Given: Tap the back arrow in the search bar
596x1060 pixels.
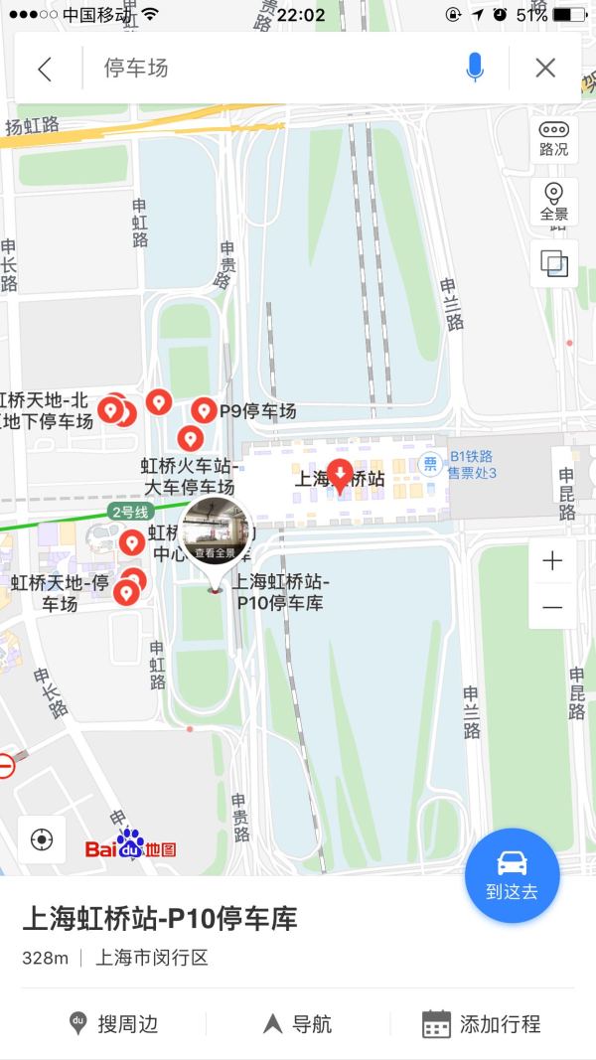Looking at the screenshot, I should click(44, 69).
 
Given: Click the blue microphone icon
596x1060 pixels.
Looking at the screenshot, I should click(475, 68).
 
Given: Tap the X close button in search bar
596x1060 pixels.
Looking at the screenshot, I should click(545, 68).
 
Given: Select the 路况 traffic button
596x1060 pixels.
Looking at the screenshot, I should click(553, 138).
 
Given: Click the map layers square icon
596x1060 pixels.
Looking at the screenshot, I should click(553, 263).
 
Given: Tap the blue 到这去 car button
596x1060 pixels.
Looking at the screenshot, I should click(513, 875).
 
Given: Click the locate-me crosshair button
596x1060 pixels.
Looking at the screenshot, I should click(42, 839).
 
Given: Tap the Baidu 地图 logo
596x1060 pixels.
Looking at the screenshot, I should click(130, 846).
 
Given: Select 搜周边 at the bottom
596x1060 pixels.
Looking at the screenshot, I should click(113, 1024).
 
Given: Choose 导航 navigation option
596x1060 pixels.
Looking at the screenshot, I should click(297, 1024).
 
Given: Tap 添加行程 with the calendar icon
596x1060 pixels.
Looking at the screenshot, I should click(481, 1024).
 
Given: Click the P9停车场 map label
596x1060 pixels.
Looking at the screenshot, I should click(257, 411).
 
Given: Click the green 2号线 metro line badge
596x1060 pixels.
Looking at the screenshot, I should click(128, 513).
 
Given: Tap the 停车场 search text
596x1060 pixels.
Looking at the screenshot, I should click(137, 69).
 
